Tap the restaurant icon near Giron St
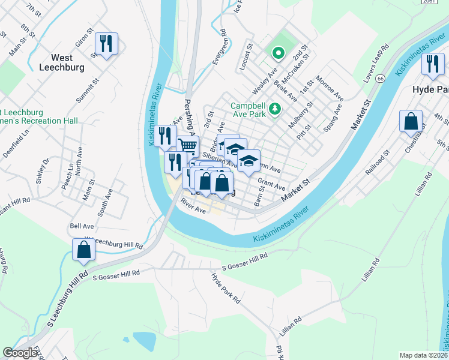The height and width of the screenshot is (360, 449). click(106, 44)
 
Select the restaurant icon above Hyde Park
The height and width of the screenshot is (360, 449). click(432, 64)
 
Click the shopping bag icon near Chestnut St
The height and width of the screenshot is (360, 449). click(411, 122)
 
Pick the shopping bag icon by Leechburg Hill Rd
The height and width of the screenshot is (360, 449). click(83, 250)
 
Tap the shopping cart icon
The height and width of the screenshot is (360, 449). click(188, 145)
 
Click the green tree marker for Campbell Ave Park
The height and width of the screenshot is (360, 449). click(275, 108)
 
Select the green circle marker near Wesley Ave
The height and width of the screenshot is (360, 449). click(278, 54)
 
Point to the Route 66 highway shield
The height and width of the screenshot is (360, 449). click(380, 79)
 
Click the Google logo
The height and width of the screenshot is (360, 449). click(20, 353)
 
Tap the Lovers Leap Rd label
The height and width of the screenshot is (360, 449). click(376, 58)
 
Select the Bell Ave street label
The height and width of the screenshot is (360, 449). click(82, 226)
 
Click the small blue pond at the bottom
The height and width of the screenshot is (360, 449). click(144, 341)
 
